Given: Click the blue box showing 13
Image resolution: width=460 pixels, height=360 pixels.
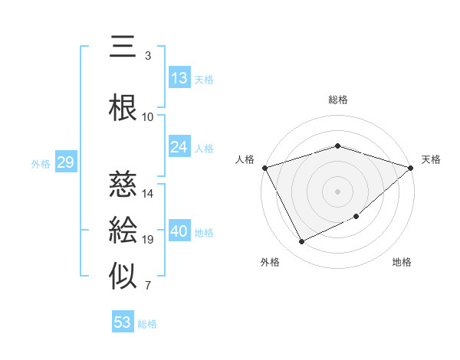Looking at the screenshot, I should click(179, 78).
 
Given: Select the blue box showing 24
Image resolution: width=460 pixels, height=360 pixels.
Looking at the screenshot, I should click(179, 147).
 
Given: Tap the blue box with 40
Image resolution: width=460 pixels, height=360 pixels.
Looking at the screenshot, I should click(180, 231).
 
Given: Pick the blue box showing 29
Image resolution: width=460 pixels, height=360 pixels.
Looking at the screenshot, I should click(65, 162).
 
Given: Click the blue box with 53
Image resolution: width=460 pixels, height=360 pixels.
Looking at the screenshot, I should click(123, 322).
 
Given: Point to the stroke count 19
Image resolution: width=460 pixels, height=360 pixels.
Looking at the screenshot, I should click(148, 240).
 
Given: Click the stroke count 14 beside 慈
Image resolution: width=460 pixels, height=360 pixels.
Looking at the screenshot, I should click(148, 194).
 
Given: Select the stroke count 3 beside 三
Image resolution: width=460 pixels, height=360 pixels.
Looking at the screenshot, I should click(148, 56).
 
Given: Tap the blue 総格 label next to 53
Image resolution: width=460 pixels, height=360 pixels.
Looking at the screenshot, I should click(147, 324).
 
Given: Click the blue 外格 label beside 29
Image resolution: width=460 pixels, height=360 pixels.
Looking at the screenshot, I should click(40, 163).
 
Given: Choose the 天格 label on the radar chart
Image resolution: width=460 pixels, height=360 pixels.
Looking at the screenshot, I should click(431, 159).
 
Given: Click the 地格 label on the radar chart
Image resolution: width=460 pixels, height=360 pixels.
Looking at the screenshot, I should click(402, 263).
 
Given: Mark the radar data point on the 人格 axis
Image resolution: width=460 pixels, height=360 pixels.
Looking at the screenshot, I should click(264, 167).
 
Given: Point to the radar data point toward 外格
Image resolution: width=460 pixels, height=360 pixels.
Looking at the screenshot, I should click(301, 242).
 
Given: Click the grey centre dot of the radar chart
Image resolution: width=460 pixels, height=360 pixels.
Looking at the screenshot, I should click(337, 191).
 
